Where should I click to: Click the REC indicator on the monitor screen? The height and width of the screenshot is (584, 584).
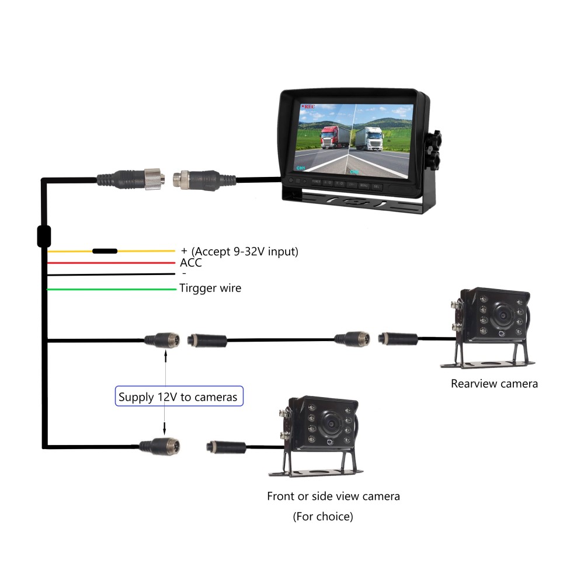[308, 107]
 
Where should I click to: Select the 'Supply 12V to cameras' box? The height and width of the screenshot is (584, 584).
[178, 397]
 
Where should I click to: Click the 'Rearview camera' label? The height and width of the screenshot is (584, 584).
[494, 384]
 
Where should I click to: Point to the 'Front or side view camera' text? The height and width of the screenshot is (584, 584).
[333, 496]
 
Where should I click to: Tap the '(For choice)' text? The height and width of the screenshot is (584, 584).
[323, 517]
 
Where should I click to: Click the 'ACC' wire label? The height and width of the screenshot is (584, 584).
[191, 263]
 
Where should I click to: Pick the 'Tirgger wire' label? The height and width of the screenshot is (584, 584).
[210, 288]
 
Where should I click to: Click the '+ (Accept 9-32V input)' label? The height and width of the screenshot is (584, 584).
[239, 252]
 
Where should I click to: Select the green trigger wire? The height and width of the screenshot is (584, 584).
[111, 289]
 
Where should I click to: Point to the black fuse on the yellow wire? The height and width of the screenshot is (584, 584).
[105, 251]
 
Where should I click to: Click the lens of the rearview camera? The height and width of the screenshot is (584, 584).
[500, 314]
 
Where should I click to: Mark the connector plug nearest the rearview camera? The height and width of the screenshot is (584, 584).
[398, 338]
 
